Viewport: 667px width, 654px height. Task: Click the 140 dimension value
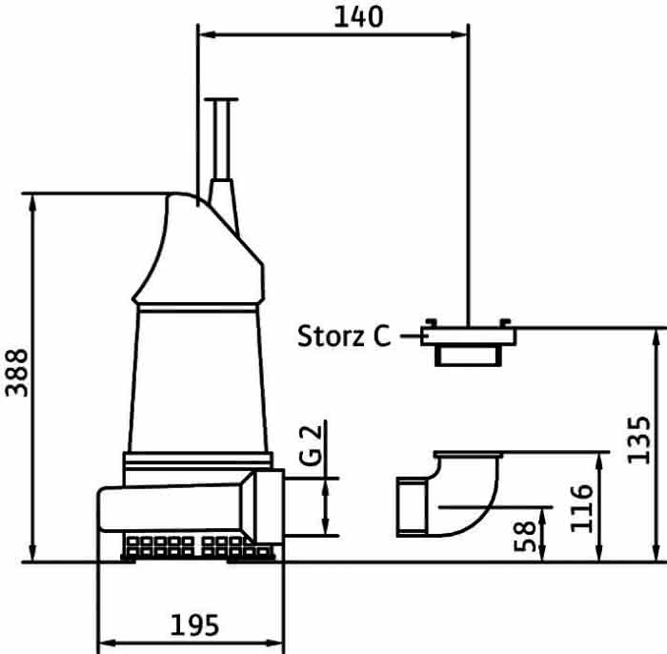click(x=358, y=17)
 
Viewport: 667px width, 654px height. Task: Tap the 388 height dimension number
click(x=17, y=373)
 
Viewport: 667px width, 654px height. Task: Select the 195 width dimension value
click(x=194, y=625)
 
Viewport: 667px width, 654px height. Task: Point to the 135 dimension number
click(x=639, y=439)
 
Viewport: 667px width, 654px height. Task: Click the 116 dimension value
click(x=581, y=508)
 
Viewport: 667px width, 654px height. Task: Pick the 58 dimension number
click(x=525, y=536)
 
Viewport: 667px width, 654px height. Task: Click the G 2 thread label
click(x=311, y=444)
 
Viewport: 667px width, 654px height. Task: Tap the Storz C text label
click(x=344, y=337)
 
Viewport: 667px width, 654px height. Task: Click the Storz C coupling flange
click(x=469, y=341)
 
